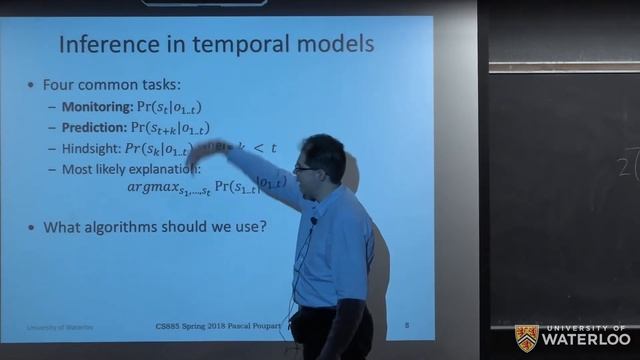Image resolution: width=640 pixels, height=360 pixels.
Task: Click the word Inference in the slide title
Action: (105, 45)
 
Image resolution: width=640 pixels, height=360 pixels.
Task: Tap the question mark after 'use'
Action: (262, 227)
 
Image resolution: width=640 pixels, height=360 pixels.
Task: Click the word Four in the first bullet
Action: (59, 85)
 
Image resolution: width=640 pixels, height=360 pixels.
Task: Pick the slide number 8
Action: (407, 325)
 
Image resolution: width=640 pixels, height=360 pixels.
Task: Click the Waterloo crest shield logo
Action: (526, 337)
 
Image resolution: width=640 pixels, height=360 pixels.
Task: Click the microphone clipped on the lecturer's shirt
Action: (313, 220)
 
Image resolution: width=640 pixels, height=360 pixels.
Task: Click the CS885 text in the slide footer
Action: (172, 325)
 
